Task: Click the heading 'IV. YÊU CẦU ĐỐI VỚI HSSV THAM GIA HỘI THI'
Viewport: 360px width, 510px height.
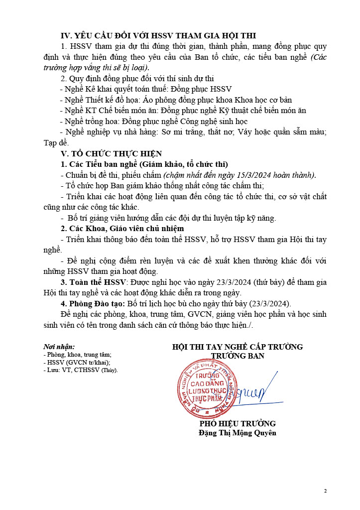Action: (x=158, y=35)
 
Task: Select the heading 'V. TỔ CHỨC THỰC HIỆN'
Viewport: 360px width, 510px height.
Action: (x=111, y=153)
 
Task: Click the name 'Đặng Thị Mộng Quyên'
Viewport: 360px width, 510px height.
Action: (x=237, y=433)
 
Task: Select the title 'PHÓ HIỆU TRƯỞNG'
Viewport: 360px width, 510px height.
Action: (x=238, y=423)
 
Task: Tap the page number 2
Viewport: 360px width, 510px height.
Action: (x=325, y=491)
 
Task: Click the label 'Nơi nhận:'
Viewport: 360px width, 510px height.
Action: (x=59, y=347)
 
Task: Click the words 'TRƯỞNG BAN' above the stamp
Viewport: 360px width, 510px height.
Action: (x=238, y=356)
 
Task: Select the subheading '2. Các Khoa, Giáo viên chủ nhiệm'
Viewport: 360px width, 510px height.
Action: (x=122, y=229)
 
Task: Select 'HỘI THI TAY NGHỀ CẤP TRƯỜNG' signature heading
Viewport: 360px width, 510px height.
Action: (x=238, y=347)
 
